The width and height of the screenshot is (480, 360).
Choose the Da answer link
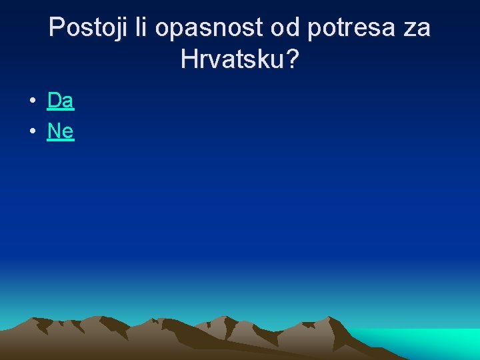(x=61, y=101)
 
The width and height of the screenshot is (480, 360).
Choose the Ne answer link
(x=61, y=131)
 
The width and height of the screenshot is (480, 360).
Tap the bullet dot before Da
(x=32, y=101)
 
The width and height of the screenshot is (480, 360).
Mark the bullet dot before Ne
(x=32, y=132)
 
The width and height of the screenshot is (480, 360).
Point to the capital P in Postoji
(x=57, y=29)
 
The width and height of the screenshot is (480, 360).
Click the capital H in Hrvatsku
(x=189, y=60)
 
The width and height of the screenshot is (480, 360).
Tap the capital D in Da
(x=54, y=101)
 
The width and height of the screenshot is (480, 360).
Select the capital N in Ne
(x=54, y=131)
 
